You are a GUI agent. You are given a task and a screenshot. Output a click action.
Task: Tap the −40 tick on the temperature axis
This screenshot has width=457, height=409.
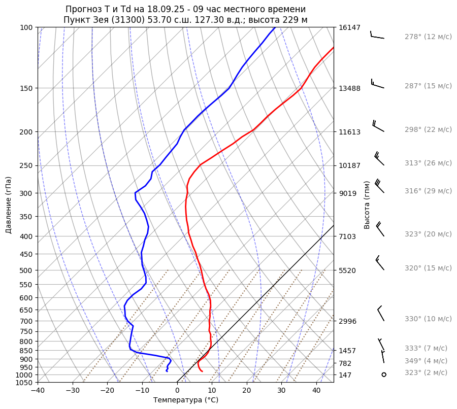click(38, 391)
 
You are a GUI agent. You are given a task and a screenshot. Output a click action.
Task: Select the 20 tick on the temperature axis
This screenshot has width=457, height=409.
click(247, 391)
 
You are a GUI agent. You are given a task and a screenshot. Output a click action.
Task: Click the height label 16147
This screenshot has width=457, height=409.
click(349, 28)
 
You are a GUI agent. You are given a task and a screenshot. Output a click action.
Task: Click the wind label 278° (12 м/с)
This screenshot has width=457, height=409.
click(428, 37)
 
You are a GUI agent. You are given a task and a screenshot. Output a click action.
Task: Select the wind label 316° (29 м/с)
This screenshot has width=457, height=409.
click(428, 191)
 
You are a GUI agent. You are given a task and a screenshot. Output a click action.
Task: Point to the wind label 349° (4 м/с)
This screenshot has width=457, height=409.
click(426, 361)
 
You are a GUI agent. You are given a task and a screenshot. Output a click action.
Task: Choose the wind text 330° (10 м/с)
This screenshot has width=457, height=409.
click(428, 319)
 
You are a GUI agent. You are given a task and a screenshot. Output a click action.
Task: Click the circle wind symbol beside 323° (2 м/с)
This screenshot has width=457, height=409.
click(384, 374)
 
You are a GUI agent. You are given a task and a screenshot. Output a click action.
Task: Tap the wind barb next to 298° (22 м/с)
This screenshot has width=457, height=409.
click(378, 126)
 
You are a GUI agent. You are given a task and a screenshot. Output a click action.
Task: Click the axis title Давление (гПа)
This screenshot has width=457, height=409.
click(9, 205)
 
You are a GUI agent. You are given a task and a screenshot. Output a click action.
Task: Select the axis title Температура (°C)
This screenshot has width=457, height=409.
click(186, 400)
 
